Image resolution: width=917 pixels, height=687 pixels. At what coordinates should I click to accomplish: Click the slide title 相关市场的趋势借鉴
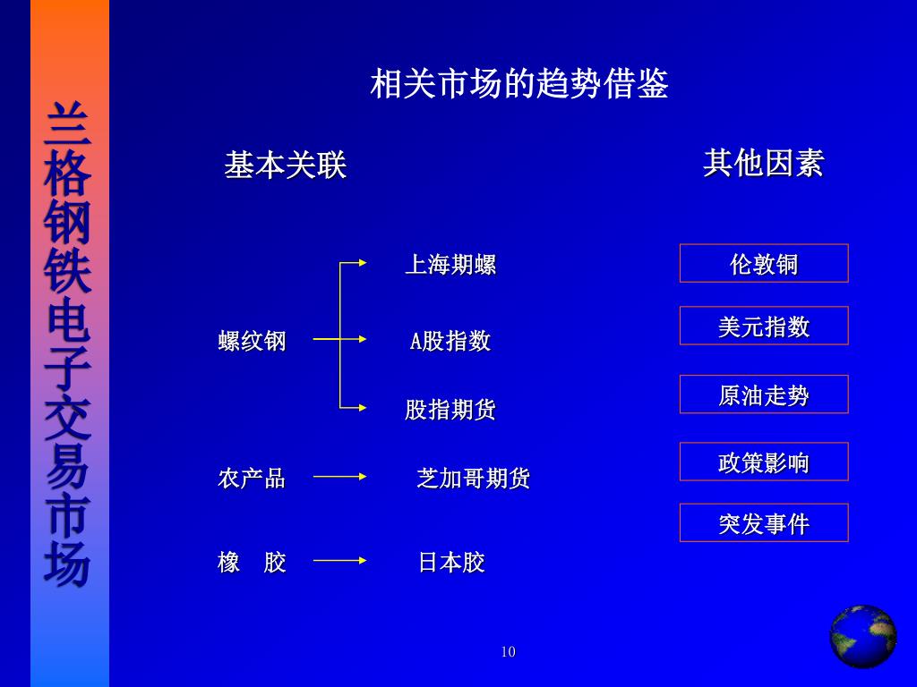click(519, 85)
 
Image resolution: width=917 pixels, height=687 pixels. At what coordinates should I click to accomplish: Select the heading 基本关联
click(285, 165)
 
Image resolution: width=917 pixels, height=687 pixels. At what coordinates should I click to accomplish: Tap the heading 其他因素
click(763, 164)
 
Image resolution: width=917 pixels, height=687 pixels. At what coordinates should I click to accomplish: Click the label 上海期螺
click(450, 265)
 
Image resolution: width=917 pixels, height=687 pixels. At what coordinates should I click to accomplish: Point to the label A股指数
click(450, 341)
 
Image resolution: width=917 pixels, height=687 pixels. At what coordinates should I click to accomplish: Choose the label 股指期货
click(450, 410)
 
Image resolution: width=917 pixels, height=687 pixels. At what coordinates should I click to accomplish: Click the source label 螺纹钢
click(252, 341)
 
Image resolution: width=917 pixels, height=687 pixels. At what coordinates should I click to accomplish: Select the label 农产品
click(252, 479)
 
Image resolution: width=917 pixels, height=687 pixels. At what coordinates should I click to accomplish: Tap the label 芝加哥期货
click(473, 479)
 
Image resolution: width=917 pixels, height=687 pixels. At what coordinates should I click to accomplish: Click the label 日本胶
click(451, 563)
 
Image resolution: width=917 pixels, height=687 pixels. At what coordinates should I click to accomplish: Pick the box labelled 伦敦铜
click(764, 263)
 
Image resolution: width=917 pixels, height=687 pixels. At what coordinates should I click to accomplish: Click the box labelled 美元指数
click(764, 326)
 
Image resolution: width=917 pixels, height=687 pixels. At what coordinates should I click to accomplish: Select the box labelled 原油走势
click(764, 394)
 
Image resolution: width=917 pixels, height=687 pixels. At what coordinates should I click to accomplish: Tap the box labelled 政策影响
click(764, 462)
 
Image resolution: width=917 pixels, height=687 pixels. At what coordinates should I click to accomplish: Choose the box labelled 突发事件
click(764, 522)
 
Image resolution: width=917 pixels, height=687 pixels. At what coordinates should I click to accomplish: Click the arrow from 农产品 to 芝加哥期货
click(339, 477)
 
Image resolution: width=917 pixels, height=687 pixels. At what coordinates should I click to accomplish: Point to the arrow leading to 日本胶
click(339, 561)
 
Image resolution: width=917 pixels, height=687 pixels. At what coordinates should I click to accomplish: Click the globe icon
click(862, 636)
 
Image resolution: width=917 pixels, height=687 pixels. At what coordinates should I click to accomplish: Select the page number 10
click(509, 652)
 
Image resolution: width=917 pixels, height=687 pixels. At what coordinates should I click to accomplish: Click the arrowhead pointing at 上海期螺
click(362, 263)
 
